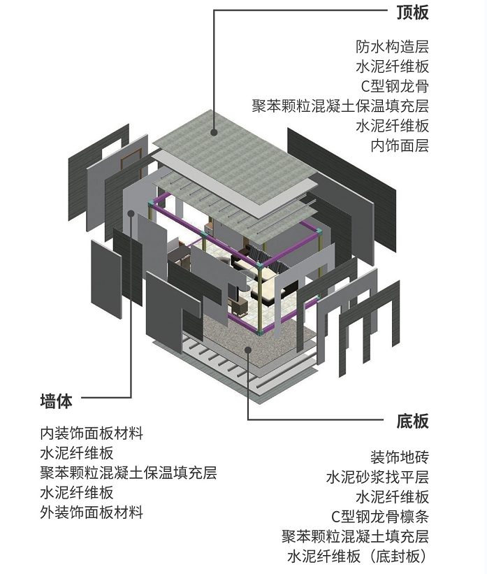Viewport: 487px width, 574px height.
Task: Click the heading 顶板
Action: [412, 12]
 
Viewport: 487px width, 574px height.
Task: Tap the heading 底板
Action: [412, 421]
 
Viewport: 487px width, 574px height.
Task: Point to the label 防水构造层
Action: [391, 48]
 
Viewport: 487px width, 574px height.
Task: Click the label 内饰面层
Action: [400, 145]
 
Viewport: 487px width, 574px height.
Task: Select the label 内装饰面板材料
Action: [92, 433]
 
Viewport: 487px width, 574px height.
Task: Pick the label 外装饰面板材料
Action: [92, 512]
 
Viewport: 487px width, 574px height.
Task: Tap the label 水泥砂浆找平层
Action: [377, 478]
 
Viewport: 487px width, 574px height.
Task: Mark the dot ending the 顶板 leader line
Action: [215, 129]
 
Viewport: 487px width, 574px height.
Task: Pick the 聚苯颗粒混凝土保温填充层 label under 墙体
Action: [129, 473]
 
